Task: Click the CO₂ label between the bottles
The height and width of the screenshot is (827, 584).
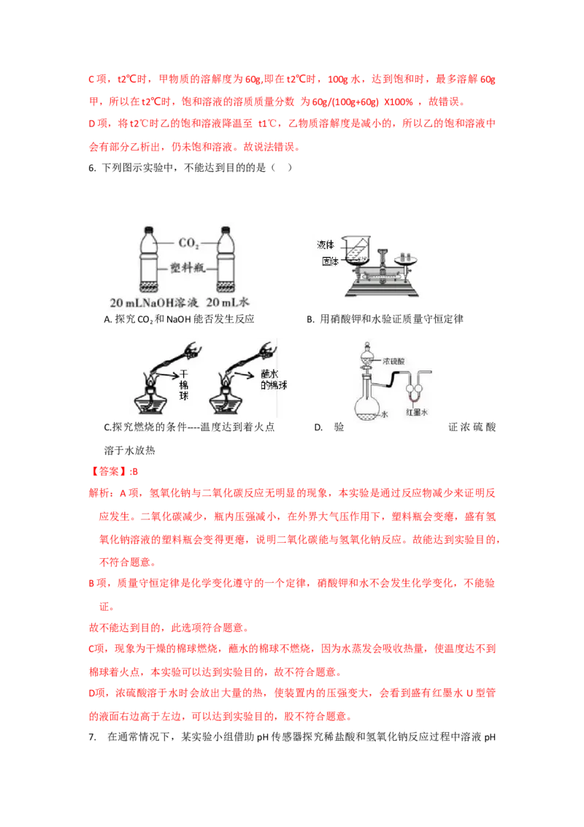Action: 188,243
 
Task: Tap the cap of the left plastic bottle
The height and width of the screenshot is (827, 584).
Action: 149,230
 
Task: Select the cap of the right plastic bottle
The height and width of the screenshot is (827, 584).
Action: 226,230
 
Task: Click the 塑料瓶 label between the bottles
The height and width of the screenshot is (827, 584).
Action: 188,268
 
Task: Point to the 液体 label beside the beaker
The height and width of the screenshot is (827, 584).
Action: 325,245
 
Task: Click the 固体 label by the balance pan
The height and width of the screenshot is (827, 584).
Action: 331,261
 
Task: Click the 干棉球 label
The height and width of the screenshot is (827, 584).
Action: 184,385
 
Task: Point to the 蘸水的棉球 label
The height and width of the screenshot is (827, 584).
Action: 274,380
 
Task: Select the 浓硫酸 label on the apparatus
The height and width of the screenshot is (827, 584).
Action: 393,362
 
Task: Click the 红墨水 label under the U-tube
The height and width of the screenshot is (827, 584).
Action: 416,412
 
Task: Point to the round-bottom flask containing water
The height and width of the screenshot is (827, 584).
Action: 367,404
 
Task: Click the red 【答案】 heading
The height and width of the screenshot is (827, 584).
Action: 109,471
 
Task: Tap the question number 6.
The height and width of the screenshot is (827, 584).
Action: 92,168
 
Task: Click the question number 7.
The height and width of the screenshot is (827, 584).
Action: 92,737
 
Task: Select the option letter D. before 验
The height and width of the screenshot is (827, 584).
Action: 318,427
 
